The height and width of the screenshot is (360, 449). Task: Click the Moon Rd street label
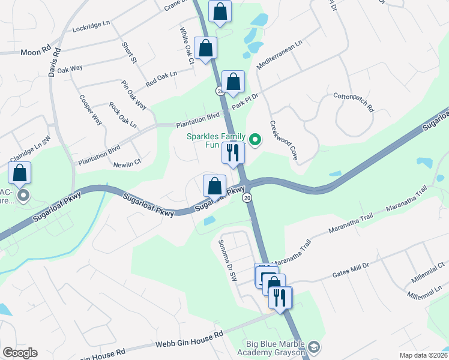[37, 52]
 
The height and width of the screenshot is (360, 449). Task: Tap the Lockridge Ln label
[91, 28]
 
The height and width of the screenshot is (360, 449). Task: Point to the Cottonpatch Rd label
[354, 103]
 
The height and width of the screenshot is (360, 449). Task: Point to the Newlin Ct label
[127, 162]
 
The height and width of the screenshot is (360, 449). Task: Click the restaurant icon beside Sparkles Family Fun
[233, 153]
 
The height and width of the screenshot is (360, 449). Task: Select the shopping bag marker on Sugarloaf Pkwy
[214, 186]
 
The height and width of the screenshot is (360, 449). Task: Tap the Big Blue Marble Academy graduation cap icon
[314, 347]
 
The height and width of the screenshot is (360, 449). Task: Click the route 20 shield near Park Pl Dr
[220, 91]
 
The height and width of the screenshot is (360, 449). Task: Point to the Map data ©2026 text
[423, 355]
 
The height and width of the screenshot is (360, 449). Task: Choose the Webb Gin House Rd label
[189, 339]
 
